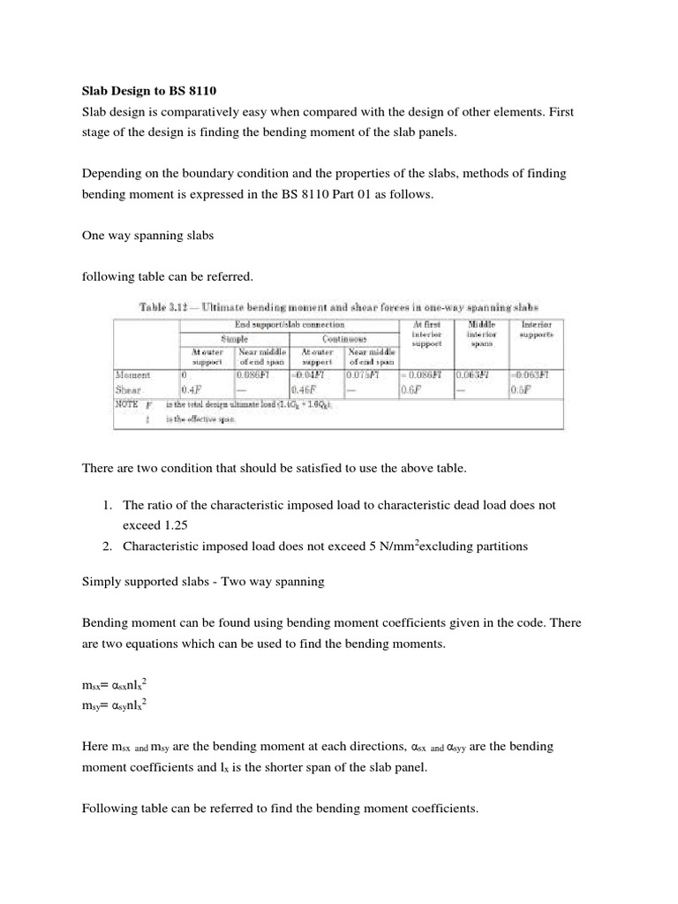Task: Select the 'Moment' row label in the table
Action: [x=133, y=374]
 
